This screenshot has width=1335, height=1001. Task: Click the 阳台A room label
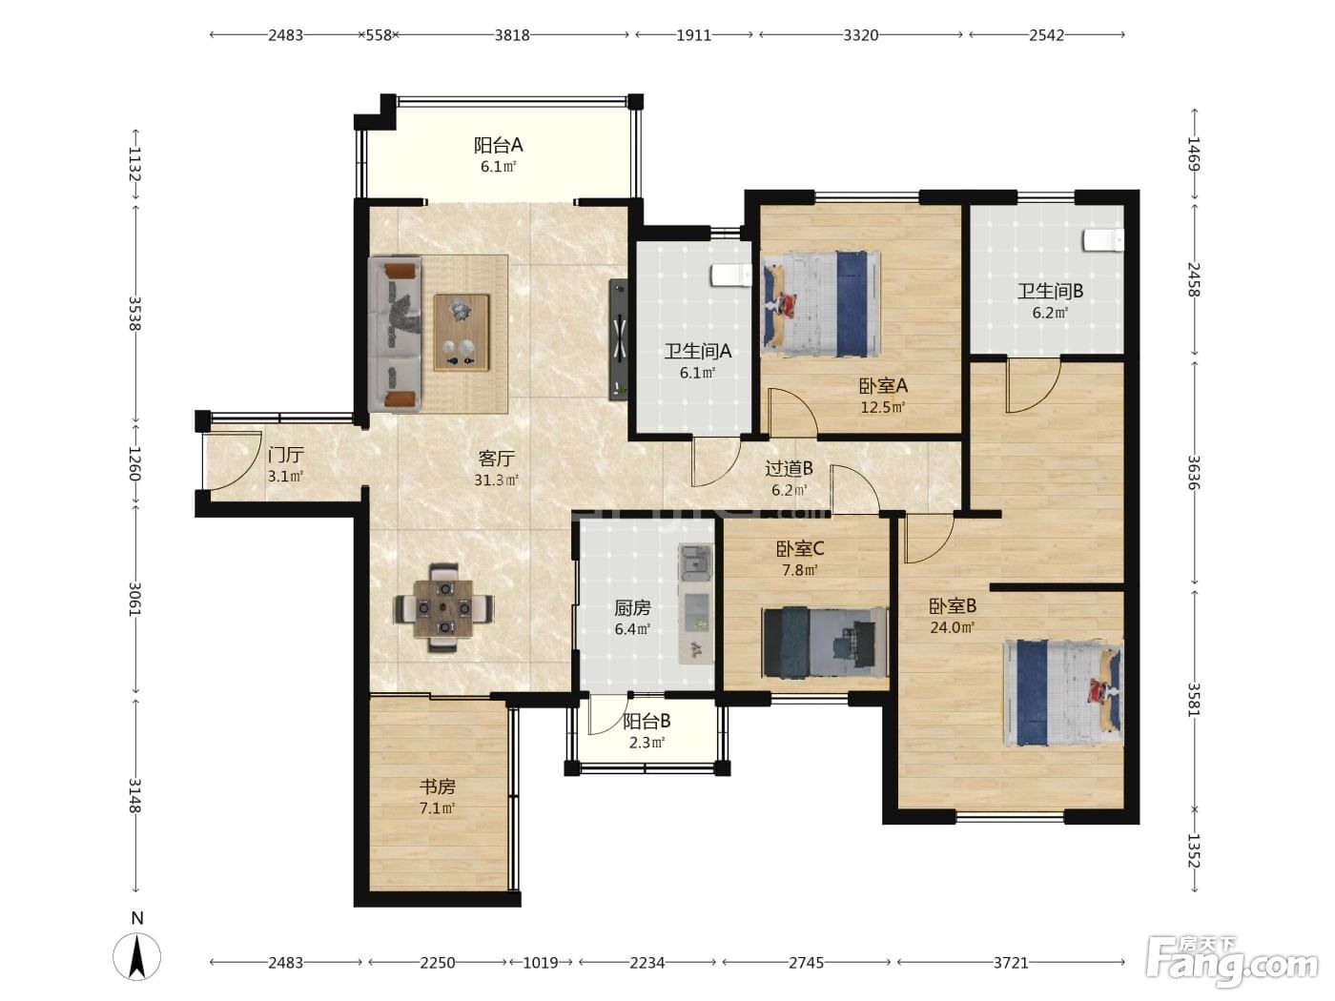pos(498,145)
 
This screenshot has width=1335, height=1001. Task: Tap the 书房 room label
pos(437,786)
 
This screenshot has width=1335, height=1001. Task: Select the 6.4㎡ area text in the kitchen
pos(632,629)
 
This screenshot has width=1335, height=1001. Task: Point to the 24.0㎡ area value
pos(953,626)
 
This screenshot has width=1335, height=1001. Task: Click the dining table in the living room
pos(444,608)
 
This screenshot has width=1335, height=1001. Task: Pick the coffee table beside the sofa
pos(461,333)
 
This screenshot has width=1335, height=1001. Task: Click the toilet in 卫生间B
pos(1103,240)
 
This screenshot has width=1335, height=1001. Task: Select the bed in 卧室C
pos(825,642)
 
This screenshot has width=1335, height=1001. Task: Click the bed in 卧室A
pos(821,303)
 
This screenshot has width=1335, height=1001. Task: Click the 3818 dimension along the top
pos(511,35)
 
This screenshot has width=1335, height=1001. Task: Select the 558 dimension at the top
pos(379,35)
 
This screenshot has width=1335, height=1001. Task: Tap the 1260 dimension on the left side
pos(134,463)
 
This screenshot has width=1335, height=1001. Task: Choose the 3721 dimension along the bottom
pos(1010,962)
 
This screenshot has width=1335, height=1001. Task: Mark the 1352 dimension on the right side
pos(1194,851)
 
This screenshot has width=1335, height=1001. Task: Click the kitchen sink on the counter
pos(696,560)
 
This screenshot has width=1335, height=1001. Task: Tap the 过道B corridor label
pos(789,468)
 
